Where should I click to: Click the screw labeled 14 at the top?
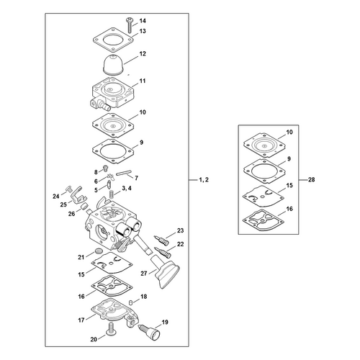point(129,25)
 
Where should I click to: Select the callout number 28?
point(311,179)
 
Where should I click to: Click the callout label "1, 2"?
point(204,179)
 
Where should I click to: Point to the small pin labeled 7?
point(124,173)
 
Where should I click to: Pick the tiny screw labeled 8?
point(105,168)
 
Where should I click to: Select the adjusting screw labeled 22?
point(163,251)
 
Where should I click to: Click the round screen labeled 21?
point(98,251)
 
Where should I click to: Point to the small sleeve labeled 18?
point(131,302)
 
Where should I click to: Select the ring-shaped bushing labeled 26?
point(84,206)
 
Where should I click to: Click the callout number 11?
point(143,81)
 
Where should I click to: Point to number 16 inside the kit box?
point(289,209)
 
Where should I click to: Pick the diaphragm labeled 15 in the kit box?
point(264,196)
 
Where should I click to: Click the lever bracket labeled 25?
point(78,195)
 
